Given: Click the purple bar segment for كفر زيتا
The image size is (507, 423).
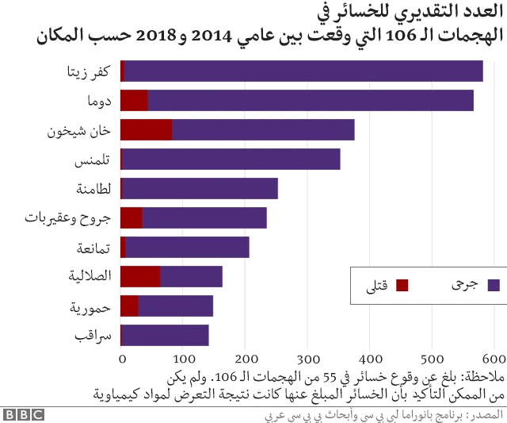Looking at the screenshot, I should pos(303,71).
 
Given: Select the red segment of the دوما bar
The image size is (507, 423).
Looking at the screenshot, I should pos(134,100).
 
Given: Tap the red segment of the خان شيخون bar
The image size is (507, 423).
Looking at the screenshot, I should pos(146,129).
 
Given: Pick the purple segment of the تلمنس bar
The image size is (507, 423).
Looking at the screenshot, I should pos(231,159).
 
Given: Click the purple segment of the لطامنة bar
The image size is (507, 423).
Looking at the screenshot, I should pos(200,188).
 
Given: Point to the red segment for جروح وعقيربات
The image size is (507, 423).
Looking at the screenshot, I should pos(132,217).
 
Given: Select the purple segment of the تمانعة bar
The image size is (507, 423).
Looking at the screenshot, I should pos(187,247).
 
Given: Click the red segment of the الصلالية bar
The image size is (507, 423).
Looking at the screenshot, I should pos(140,276).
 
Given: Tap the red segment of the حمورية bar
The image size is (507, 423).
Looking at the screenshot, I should pos(129,306).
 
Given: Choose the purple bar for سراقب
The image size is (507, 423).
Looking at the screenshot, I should pos(165,335).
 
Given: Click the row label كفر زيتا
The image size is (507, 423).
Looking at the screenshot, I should pos(90,71).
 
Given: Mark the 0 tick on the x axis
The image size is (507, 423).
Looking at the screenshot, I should pos(121,358).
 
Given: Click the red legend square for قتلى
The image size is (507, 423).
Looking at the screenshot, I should pos(402,285).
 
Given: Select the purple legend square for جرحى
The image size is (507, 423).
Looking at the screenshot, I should pos(494,285).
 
